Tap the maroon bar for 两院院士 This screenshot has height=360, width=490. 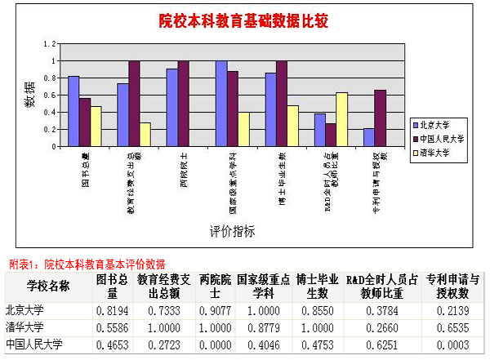[183, 104]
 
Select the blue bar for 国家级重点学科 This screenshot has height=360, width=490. [221, 104]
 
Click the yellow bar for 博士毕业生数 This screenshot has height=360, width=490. [292, 126]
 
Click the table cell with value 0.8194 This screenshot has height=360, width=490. [109, 310]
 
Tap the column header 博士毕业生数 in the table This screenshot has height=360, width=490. [316, 285]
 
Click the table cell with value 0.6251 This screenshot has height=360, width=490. [382, 343]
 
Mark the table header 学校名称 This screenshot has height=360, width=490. [47, 285]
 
